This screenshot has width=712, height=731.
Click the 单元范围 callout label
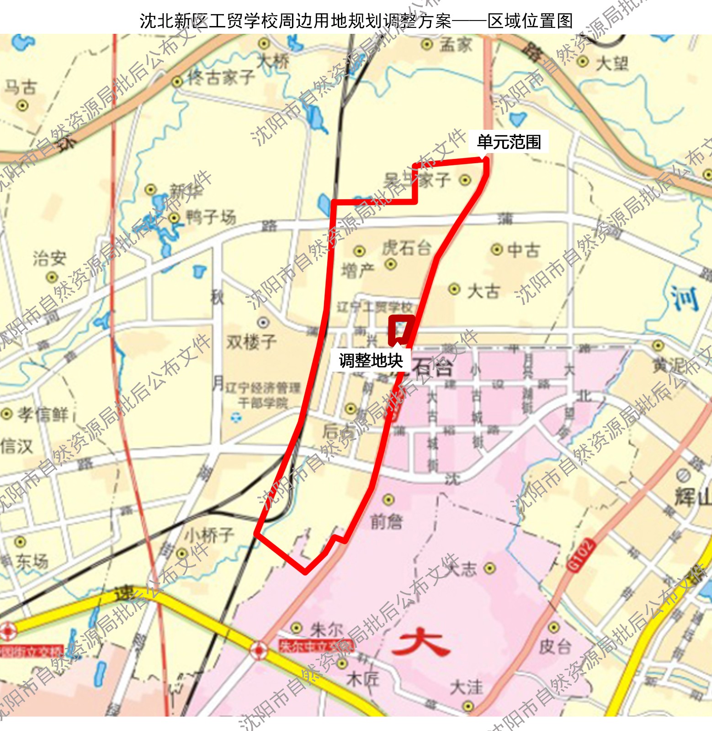click(509, 142)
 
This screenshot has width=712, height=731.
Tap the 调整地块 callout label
click(371, 360)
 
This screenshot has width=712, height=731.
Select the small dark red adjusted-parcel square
click(401, 330)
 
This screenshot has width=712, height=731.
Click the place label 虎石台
click(406, 248)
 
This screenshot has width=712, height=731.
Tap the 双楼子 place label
click(252, 341)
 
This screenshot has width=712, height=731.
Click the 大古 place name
click(483, 291)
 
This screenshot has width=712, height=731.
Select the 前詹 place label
click(387, 521)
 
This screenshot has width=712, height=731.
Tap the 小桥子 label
click(209, 535)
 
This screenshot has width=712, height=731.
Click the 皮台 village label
click(555, 646)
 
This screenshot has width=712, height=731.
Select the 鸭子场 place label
click(211, 217)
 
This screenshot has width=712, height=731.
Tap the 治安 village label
click(49, 259)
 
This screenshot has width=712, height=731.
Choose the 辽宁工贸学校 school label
click(374, 307)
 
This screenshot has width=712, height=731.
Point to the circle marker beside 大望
click(583, 61)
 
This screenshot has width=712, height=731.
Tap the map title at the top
click(356, 21)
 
